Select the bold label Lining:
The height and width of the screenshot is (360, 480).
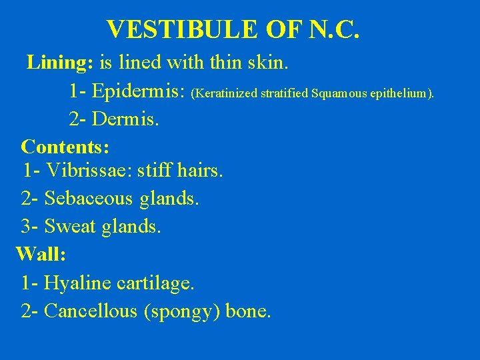click(60, 63)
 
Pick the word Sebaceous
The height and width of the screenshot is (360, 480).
click(89, 199)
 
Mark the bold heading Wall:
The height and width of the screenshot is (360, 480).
click(41, 254)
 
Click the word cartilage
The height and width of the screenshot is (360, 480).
click(155, 283)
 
